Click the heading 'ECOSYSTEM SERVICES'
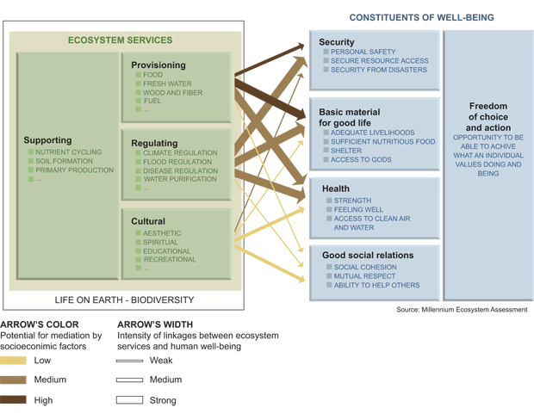tap(121, 40)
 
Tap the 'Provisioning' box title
tap(158, 65)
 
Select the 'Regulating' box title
tap(155, 143)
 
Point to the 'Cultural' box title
tap(149, 221)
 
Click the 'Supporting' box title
tap(48, 140)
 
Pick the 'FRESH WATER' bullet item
tap(167, 84)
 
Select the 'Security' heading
tap(336, 42)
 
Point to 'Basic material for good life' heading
tap(350, 118)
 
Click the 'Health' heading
tap(335, 188)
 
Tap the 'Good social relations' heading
tap(368, 255)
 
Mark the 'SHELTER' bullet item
tap(346, 151)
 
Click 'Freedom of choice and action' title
tap(487, 116)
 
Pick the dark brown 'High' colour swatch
tap(14, 400)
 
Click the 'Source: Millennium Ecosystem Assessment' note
tap(462, 310)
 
